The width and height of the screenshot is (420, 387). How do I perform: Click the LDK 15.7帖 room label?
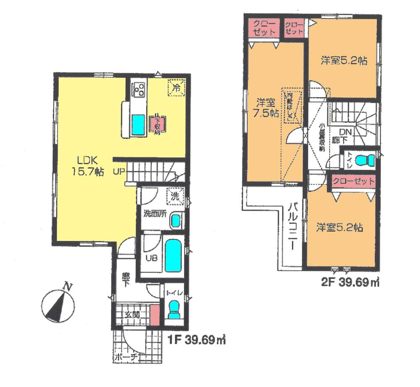87,166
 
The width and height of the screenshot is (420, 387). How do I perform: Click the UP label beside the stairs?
118,171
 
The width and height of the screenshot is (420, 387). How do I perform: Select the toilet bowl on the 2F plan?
364,160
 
